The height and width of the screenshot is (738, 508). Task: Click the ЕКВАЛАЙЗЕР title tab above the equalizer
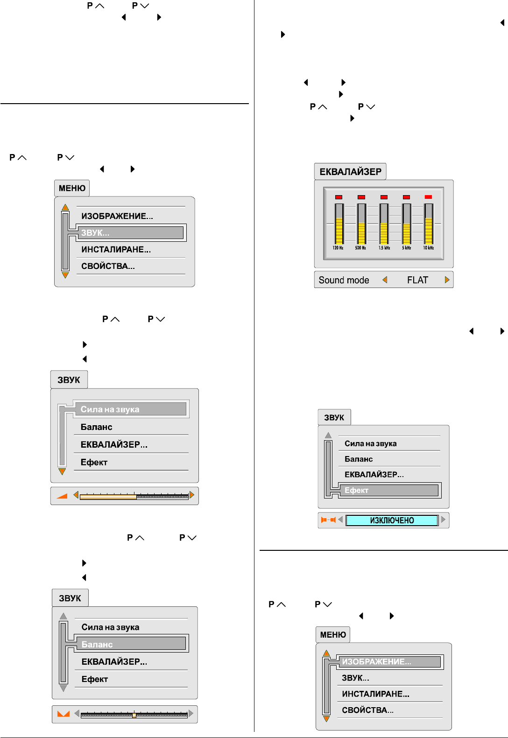(x=350, y=172)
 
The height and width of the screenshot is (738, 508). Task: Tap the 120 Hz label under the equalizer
(x=338, y=248)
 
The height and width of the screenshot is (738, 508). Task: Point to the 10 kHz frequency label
(x=428, y=248)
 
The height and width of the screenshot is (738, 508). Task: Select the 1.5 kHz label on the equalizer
(x=384, y=248)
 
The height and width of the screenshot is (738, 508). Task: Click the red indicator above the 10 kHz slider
(x=428, y=197)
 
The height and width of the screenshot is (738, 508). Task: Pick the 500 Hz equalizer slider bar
(x=361, y=224)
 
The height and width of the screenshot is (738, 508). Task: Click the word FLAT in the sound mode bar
(x=417, y=280)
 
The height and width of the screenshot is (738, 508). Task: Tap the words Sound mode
(x=344, y=280)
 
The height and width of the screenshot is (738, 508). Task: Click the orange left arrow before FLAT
(x=385, y=280)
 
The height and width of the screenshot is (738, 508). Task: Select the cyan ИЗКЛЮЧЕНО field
(x=392, y=520)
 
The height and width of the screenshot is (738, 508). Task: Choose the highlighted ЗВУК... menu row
(x=131, y=232)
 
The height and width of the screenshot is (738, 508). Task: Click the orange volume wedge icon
(x=62, y=496)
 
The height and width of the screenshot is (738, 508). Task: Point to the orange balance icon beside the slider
(x=63, y=714)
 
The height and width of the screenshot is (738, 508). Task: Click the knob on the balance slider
(x=134, y=715)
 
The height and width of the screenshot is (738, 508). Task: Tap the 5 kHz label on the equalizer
(x=406, y=248)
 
